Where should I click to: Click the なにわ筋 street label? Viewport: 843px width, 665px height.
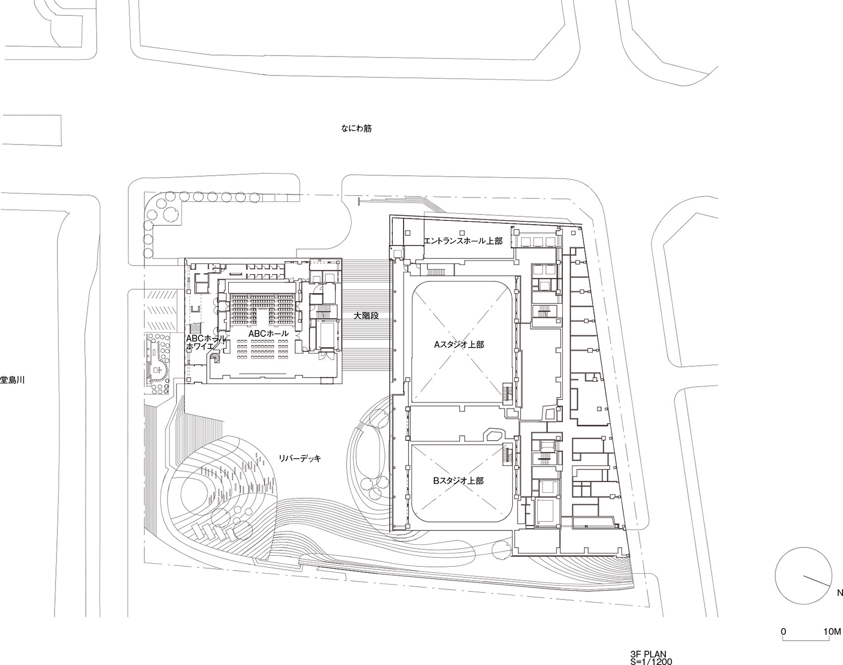coord(356,129)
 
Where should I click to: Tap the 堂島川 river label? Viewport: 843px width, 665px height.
coord(12,381)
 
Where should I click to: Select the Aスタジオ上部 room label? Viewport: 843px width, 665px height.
coord(459,344)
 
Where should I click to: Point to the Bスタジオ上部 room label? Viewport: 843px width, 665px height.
coord(459,480)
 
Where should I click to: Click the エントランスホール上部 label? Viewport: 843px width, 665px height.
coord(463,241)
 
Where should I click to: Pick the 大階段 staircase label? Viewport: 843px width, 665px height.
coord(366,315)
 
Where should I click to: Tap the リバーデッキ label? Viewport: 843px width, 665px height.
coord(300,459)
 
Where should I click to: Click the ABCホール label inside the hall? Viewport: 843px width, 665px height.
coord(268,334)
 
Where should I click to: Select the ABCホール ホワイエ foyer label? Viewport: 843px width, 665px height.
coord(206,343)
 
